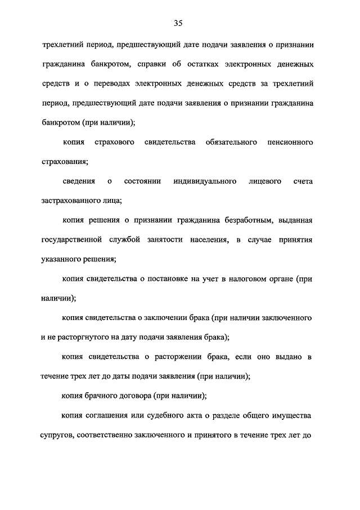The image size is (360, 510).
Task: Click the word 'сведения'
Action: coord(79,181)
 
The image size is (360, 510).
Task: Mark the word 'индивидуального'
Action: coord(203,181)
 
